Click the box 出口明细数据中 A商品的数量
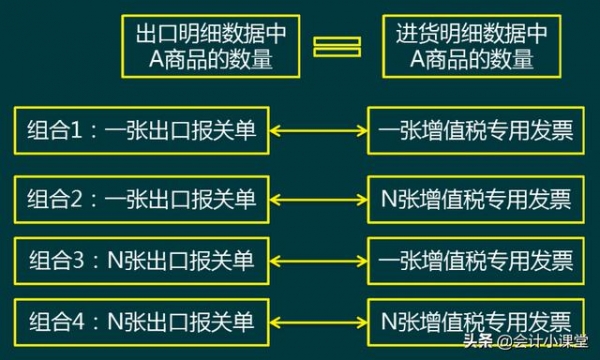pyautogui.click(x=209, y=47)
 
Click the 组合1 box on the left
pyautogui.click(x=141, y=131)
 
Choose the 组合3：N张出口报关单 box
pyautogui.click(x=141, y=261)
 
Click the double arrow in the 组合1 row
pyautogui.click(x=318, y=131)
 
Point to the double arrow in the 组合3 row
pyautogui.click(x=318, y=261)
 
